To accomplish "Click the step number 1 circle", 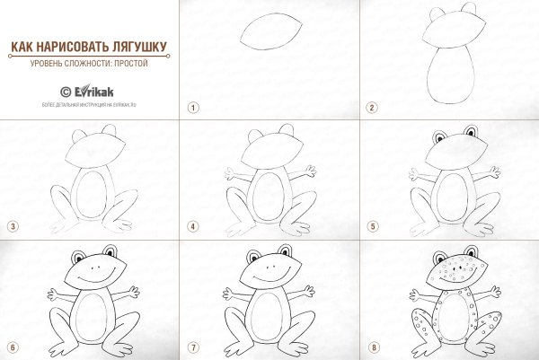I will (191, 107).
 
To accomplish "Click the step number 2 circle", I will (371, 107).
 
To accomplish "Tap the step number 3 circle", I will (12, 226).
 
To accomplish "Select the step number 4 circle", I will (191, 226).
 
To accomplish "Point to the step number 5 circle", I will (371, 226).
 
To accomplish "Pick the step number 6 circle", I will (12, 347).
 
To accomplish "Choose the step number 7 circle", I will (191, 347).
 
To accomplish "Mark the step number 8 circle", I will (371, 347).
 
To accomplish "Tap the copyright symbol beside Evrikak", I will (66, 91).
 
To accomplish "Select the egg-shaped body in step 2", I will (453, 78).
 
